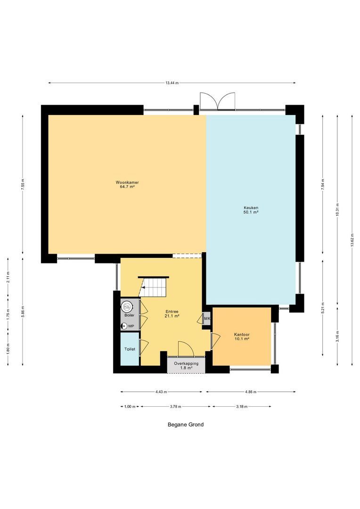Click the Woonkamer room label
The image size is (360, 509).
pos(127,182)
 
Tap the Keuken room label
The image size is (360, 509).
pos(251,208)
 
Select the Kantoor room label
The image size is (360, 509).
pos(242,334)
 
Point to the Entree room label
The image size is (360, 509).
pos(172,312)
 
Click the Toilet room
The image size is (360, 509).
pos(130,349)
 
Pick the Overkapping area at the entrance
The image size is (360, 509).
pos(186,366)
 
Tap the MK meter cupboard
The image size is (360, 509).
pos(207,319)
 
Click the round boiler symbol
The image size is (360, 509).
pos(126,306)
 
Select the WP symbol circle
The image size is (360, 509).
pos(124,326)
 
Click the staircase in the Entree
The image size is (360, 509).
pos(152,287)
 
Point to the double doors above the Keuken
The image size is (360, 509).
pos(217,101)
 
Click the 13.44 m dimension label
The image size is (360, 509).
pos(172,83)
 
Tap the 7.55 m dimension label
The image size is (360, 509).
pos(23,184)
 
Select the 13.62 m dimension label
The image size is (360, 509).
pos(352,240)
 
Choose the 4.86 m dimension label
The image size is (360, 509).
pos(251,392)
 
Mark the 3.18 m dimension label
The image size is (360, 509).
pos(242,406)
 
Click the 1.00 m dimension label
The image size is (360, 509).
pos(130,406)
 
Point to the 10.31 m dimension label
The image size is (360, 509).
pos(337,210)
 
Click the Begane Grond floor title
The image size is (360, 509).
pos(186,424)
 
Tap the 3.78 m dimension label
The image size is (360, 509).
pos(175,406)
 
